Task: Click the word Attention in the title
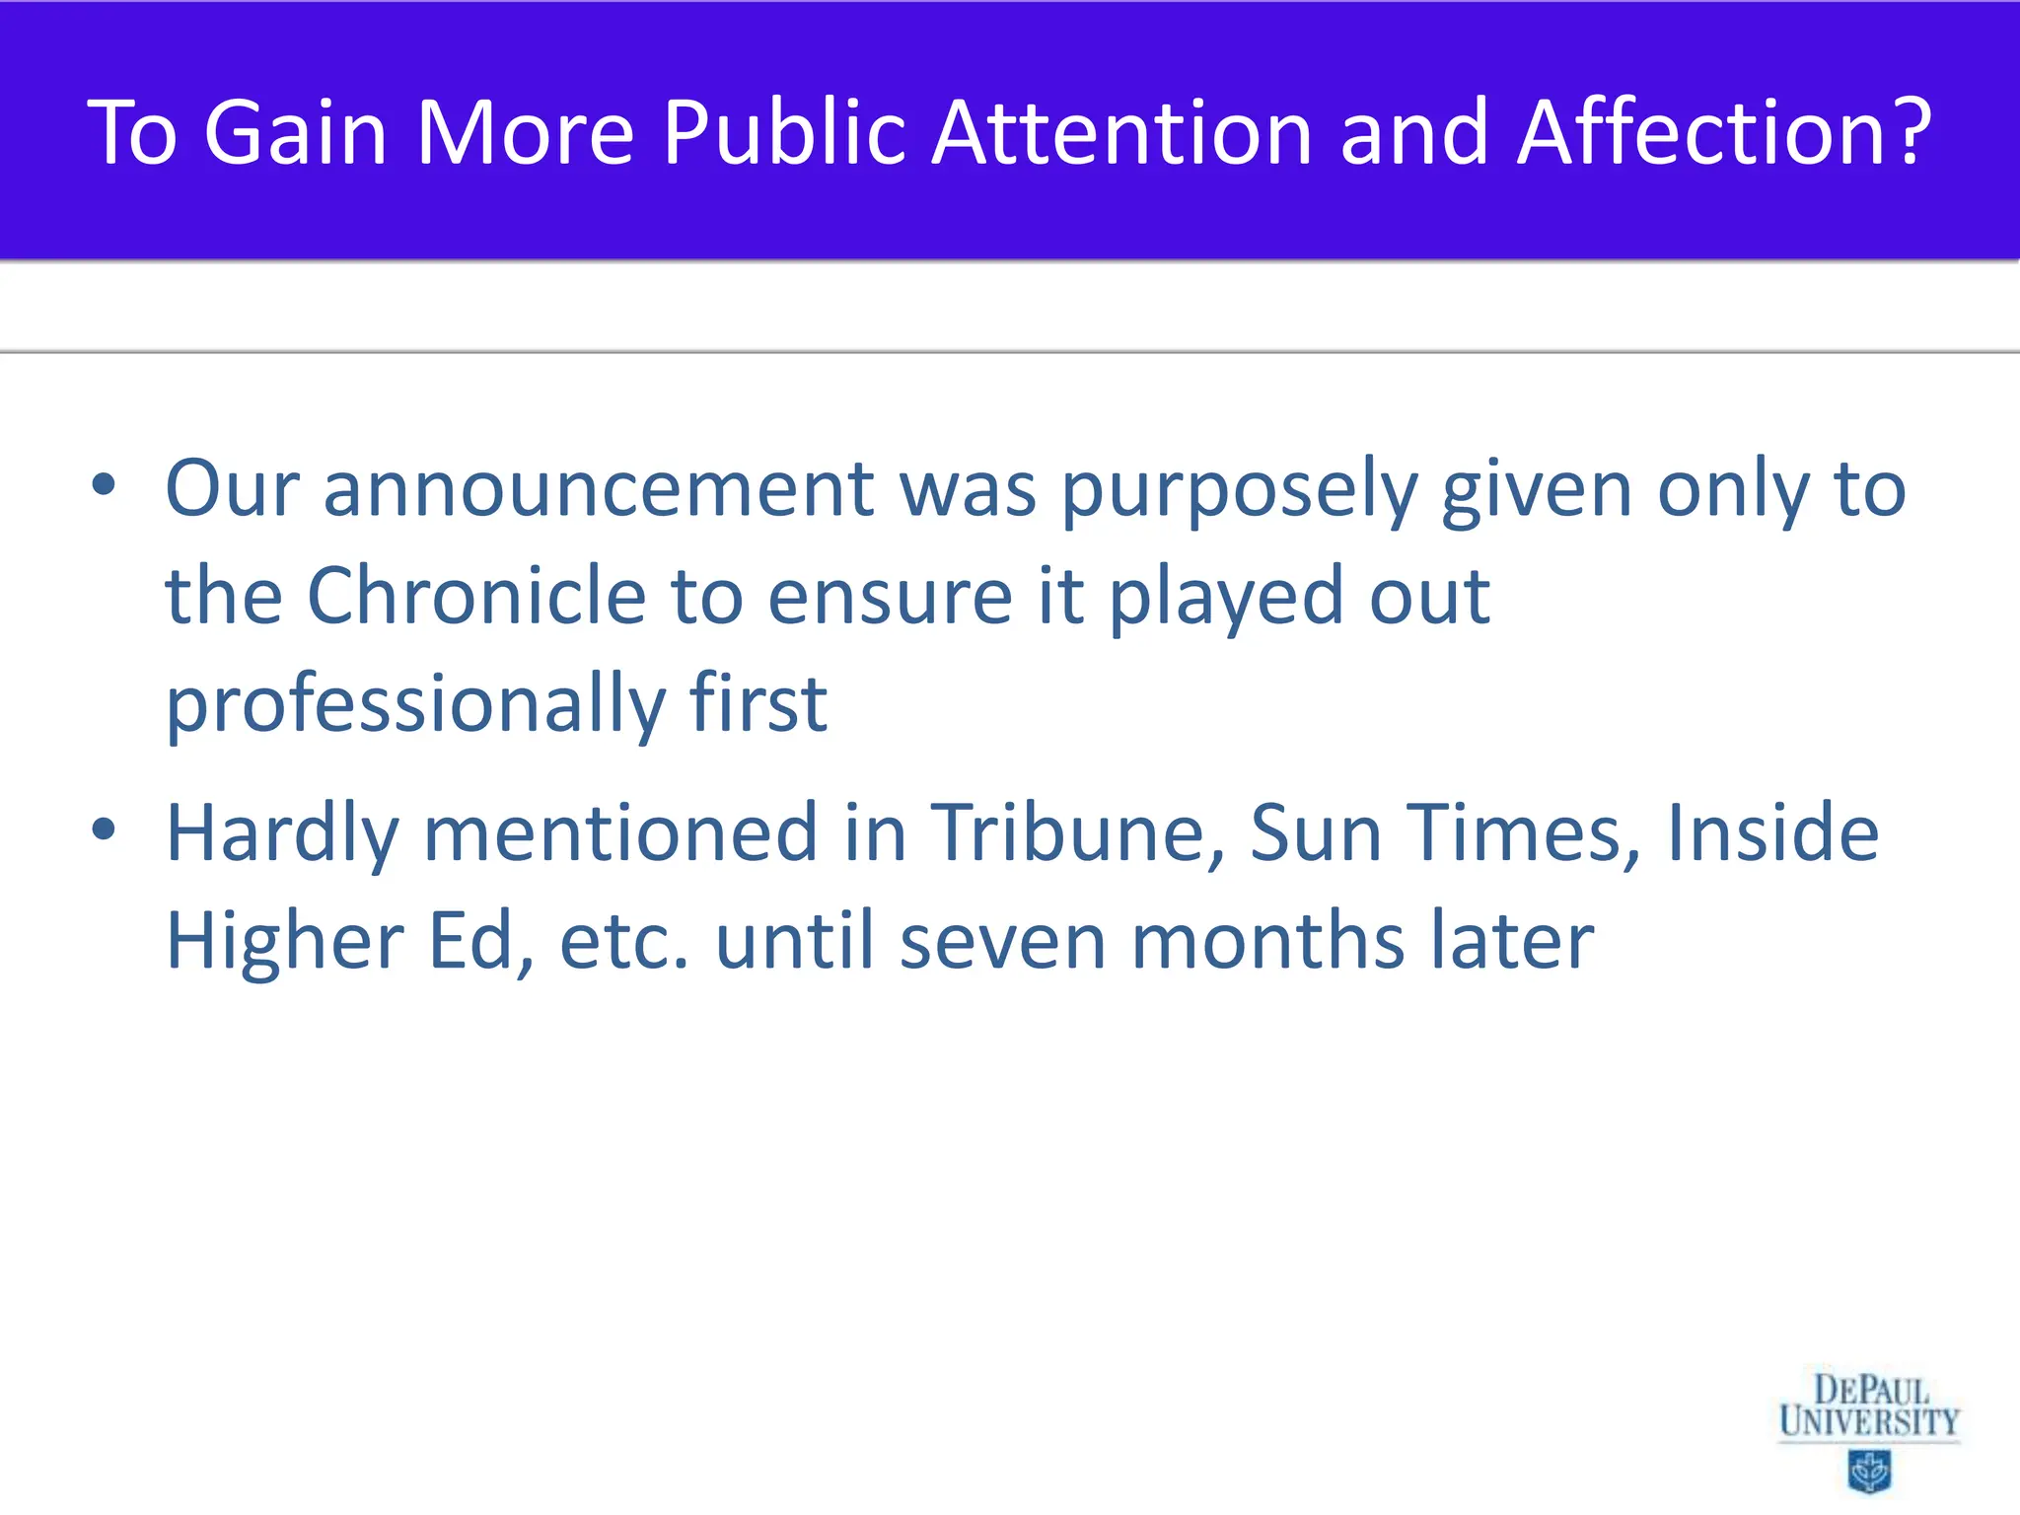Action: pyautogui.click(x=1122, y=132)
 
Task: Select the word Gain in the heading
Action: pyautogui.click(x=295, y=132)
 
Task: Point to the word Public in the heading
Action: pyautogui.click(x=784, y=132)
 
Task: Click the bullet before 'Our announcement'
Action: pyautogui.click(x=104, y=485)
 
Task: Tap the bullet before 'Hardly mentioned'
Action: pyautogui.click(x=104, y=830)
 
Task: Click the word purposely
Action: pyautogui.click(x=1239, y=491)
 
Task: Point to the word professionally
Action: pyautogui.click(x=415, y=705)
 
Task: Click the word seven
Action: pyautogui.click(x=1003, y=942)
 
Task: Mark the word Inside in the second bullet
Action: pyautogui.click(x=1772, y=833)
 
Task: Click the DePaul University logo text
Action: pyautogui.click(x=1869, y=1407)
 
